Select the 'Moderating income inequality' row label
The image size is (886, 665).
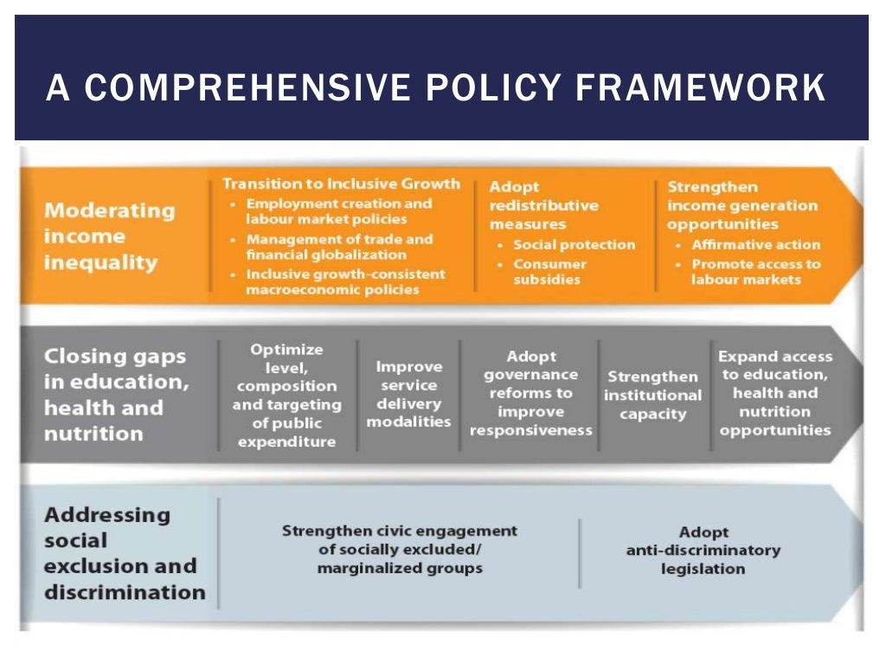(109, 236)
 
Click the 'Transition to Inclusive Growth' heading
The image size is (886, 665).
(341, 184)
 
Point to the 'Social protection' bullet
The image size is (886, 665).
(574, 245)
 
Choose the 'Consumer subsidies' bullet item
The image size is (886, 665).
(549, 272)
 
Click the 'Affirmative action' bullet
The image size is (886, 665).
(754, 245)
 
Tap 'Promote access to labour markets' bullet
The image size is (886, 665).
(755, 272)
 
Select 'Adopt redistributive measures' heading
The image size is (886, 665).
(543, 205)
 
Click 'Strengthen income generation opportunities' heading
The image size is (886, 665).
(742, 205)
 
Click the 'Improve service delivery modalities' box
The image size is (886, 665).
(408, 394)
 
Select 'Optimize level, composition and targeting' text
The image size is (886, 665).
(286, 395)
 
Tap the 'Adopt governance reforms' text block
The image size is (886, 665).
(530, 393)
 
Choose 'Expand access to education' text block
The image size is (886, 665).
(774, 393)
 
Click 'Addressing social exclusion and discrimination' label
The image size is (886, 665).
(124, 553)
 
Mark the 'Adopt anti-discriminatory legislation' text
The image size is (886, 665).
(703, 551)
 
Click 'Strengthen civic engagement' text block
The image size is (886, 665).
(399, 549)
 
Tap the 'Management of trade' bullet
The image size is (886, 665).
(338, 247)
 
